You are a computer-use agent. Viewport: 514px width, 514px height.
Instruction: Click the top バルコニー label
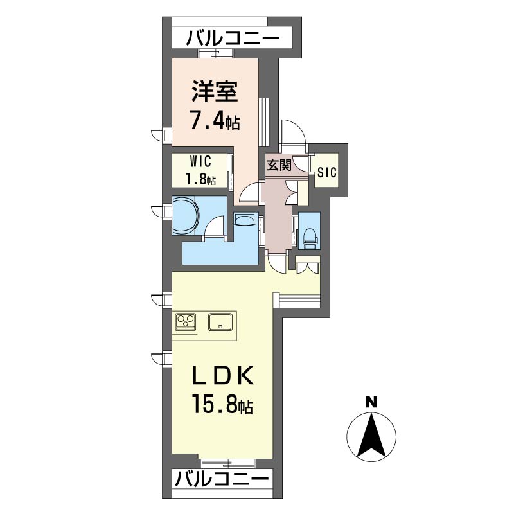233,38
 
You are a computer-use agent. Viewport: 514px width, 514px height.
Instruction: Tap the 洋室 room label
215,91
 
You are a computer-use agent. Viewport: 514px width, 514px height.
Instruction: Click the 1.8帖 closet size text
201,179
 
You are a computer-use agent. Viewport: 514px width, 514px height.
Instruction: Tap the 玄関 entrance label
279,165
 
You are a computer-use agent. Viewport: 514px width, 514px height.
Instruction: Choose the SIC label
326,172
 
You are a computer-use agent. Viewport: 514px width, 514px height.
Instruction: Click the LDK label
223,376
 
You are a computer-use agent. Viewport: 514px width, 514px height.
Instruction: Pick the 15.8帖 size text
222,405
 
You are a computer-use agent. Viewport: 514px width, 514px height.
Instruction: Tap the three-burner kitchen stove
186,321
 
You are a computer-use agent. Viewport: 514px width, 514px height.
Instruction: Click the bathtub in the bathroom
185,215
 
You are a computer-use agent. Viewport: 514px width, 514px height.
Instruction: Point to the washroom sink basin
245,218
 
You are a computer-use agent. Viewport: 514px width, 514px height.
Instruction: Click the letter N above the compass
371,402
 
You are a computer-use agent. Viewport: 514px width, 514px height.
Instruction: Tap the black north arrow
371,436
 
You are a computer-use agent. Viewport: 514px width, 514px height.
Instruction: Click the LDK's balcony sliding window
229,463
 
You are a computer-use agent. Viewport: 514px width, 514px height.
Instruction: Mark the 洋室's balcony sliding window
216,53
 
